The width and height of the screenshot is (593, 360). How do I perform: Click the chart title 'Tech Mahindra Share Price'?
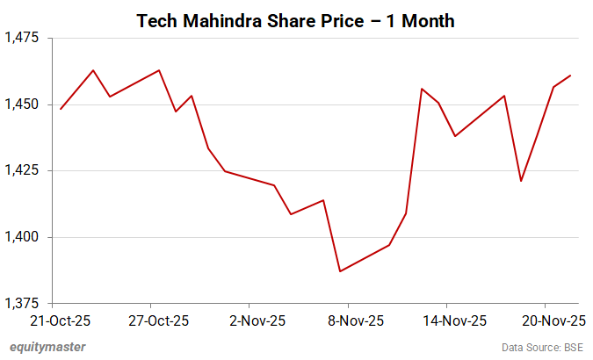[x=295, y=20]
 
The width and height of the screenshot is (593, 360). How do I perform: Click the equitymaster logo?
[x=48, y=347]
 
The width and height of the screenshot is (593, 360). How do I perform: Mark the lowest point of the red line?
[x=340, y=271]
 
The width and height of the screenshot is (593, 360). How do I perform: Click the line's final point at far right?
[x=571, y=76]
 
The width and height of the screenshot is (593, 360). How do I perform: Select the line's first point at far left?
[x=61, y=109]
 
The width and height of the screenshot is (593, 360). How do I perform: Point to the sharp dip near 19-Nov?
[x=521, y=181]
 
